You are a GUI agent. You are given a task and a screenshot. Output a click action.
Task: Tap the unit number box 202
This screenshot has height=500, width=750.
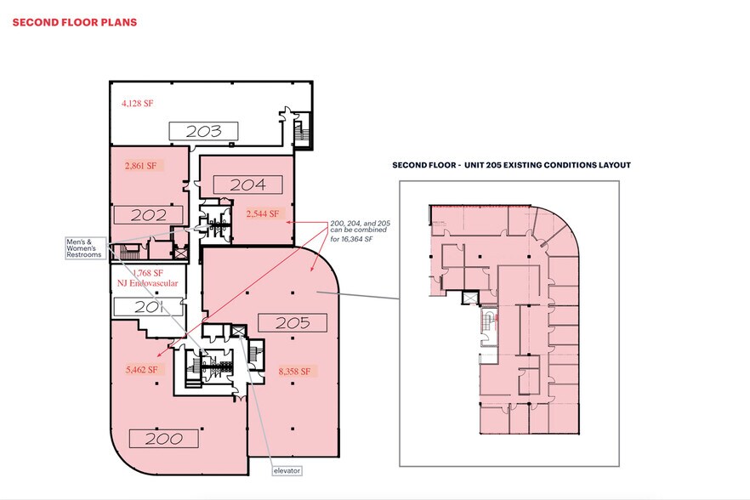click(149, 215)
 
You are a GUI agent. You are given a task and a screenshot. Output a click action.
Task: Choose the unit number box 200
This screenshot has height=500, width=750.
click(163, 438)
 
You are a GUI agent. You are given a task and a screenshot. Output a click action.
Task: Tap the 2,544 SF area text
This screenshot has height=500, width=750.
click(263, 214)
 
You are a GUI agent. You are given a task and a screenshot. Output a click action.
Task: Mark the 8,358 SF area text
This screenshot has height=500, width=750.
click(297, 371)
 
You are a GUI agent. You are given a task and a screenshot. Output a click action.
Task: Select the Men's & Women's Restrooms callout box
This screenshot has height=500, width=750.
click(84, 247)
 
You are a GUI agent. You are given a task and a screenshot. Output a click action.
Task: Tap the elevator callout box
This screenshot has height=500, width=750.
click(287, 470)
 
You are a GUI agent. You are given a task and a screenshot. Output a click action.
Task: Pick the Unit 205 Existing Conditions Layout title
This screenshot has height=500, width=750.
click(510, 165)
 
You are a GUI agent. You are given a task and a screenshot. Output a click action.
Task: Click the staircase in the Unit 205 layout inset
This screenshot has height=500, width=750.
click(487, 323)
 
